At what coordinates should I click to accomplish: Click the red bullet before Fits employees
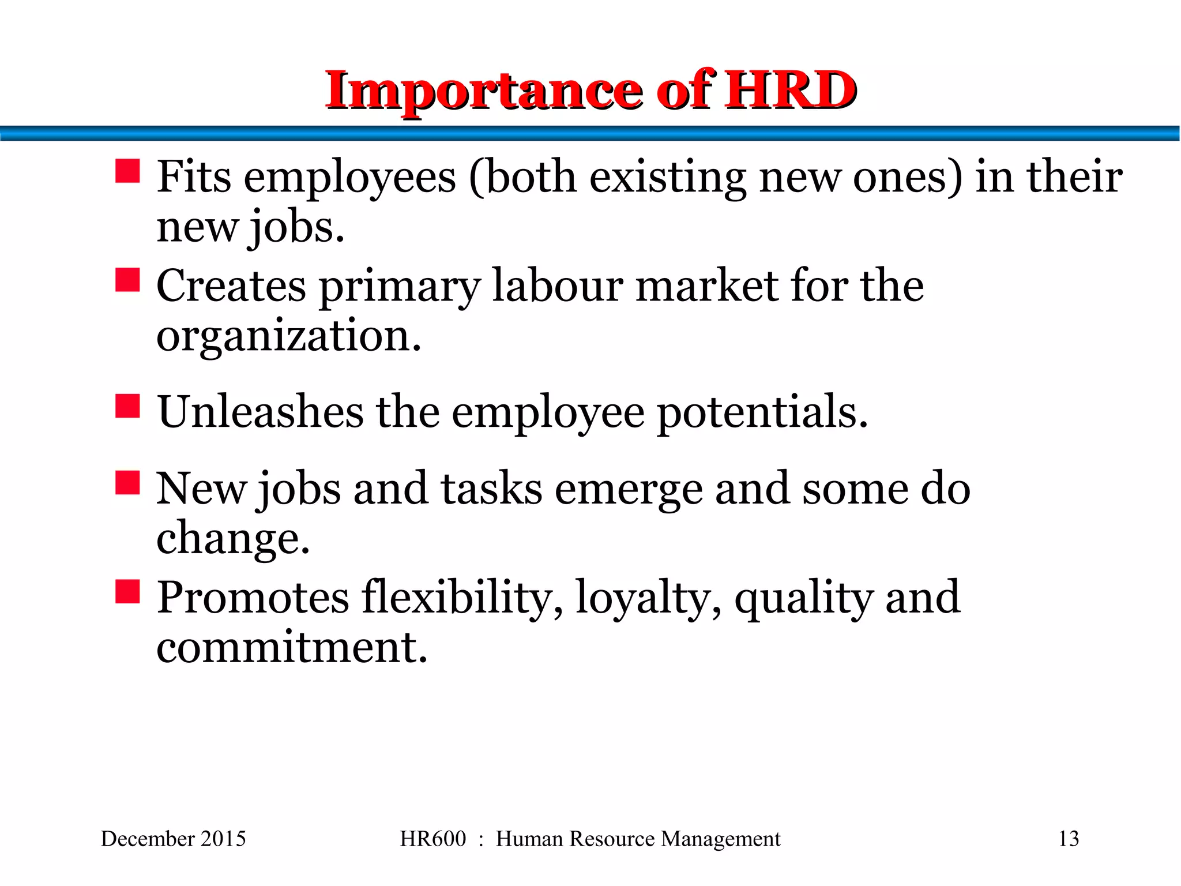(x=127, y=171)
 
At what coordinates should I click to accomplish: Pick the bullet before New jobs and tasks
(x=127, y=483)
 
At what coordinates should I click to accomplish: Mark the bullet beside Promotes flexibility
(x=127, y=591)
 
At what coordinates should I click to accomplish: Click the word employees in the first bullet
(x=350, y=178)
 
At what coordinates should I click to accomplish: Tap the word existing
(x=667, y=178)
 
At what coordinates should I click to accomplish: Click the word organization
(x=289, y=336)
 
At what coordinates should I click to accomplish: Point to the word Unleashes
(x=261, y=412)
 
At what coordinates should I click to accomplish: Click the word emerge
(x=629, y=490)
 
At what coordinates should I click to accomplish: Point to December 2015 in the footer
(x=174, y=839)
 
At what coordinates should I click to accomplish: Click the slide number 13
(x=1069, y=839)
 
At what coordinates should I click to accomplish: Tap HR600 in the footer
(x=432, y=839)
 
